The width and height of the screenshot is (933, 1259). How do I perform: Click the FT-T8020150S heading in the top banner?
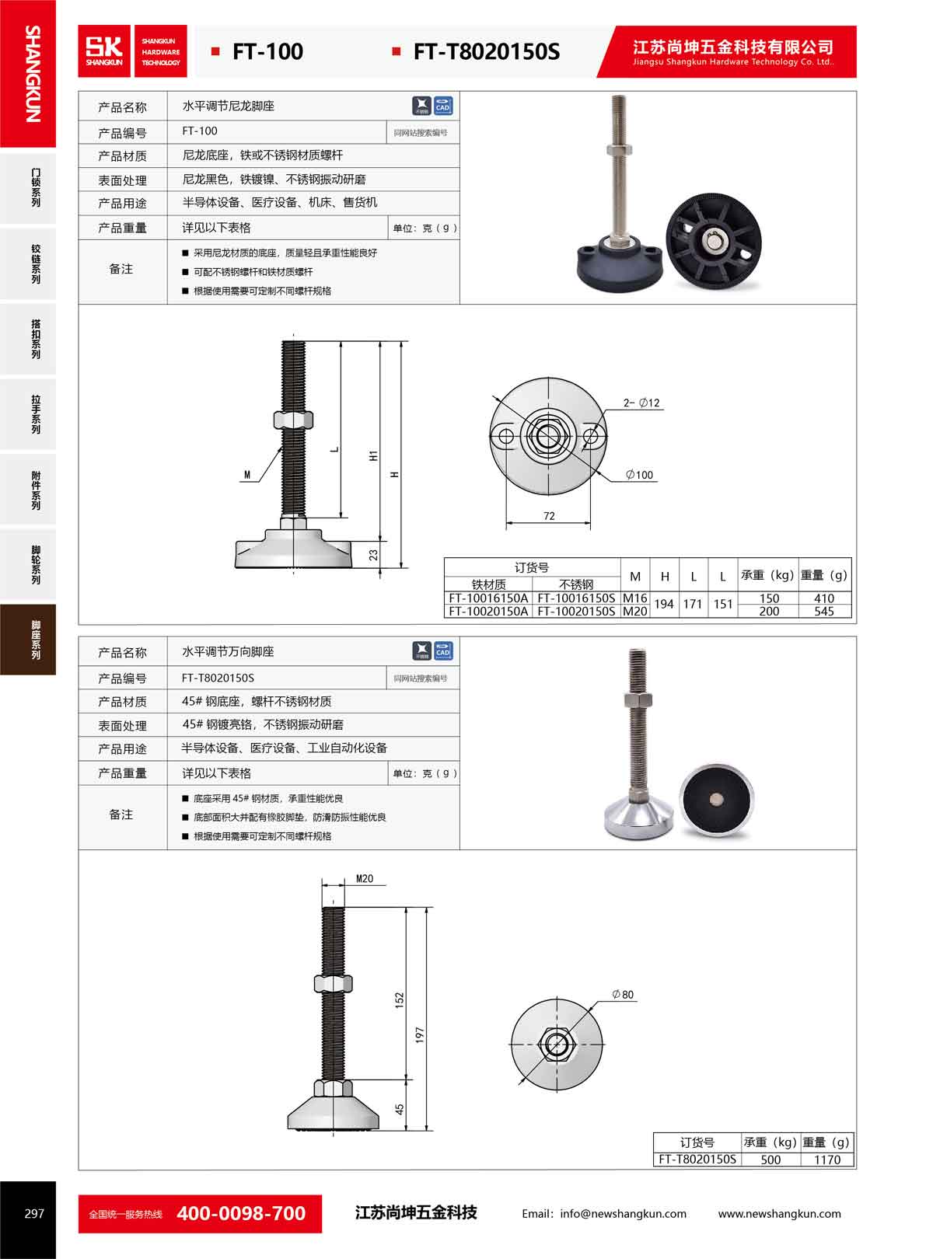pos(486,51)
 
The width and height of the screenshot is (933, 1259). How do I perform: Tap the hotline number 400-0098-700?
pos(241,1213)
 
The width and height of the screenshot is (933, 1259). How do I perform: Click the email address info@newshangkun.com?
pos(623,1214)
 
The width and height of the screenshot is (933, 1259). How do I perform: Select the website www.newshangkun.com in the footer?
pos(779,1214)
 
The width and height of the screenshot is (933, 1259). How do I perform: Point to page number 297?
pos(34,1213)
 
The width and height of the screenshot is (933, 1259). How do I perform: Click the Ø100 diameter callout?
pos(639,475)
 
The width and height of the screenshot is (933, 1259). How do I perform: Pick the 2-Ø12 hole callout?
pos(641,403)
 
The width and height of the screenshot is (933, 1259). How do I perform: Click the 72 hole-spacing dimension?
pos(549,516)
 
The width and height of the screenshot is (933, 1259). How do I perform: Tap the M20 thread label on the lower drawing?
pos(365,879)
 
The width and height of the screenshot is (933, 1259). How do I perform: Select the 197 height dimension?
pos(420,1034)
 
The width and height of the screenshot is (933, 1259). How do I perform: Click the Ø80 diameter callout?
pos(623,995)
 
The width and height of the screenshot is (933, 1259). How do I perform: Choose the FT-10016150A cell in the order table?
pos(487,598)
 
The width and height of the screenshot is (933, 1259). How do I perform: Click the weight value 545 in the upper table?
pos(824,612)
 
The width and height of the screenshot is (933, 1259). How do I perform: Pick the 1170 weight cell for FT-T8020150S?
pos(826,1160)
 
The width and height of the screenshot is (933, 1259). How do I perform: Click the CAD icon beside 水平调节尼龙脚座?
pos(443,106)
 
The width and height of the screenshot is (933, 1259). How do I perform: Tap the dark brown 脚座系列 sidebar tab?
pos(28,639)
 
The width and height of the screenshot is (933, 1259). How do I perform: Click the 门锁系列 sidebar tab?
pos(28,187)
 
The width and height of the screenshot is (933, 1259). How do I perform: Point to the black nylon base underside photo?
pos(713,241)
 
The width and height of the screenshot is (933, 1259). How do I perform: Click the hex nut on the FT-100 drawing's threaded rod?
pos(293,420)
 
